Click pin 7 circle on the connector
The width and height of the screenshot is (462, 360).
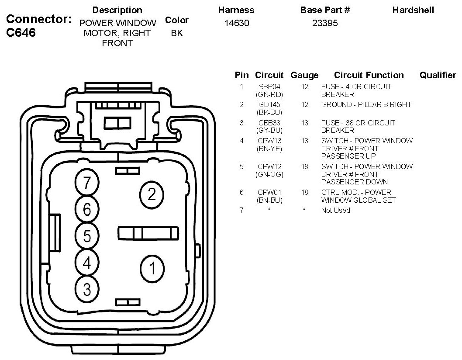coord(87,183)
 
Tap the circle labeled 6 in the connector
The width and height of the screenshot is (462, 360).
coord(87,210)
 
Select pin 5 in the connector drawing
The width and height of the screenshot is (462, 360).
coord(87,236)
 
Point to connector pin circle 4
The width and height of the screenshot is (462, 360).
coord(87,263)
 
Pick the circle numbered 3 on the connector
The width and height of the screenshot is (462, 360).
coord(87,289)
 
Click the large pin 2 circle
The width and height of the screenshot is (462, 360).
coord(151,194)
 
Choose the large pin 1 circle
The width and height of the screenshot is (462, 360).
coord(151,268)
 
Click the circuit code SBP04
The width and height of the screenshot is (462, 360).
coord(269,87)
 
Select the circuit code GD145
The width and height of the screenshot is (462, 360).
coord(269,104)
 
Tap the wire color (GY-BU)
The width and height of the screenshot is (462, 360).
coord(269,130)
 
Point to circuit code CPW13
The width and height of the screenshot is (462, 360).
coord(269,141)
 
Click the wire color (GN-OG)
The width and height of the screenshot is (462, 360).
coord(269,174)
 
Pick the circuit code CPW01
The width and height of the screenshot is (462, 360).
coord(269,192)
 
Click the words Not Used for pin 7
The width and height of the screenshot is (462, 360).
coord(335,210)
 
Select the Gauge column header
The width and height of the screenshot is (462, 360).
coord(304,75)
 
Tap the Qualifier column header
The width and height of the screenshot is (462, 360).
coord(437,75)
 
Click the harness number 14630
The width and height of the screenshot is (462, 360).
coord(236,23)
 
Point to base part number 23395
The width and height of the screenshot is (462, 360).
coord(325,23)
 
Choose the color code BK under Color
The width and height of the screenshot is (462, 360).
coord(177,33)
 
